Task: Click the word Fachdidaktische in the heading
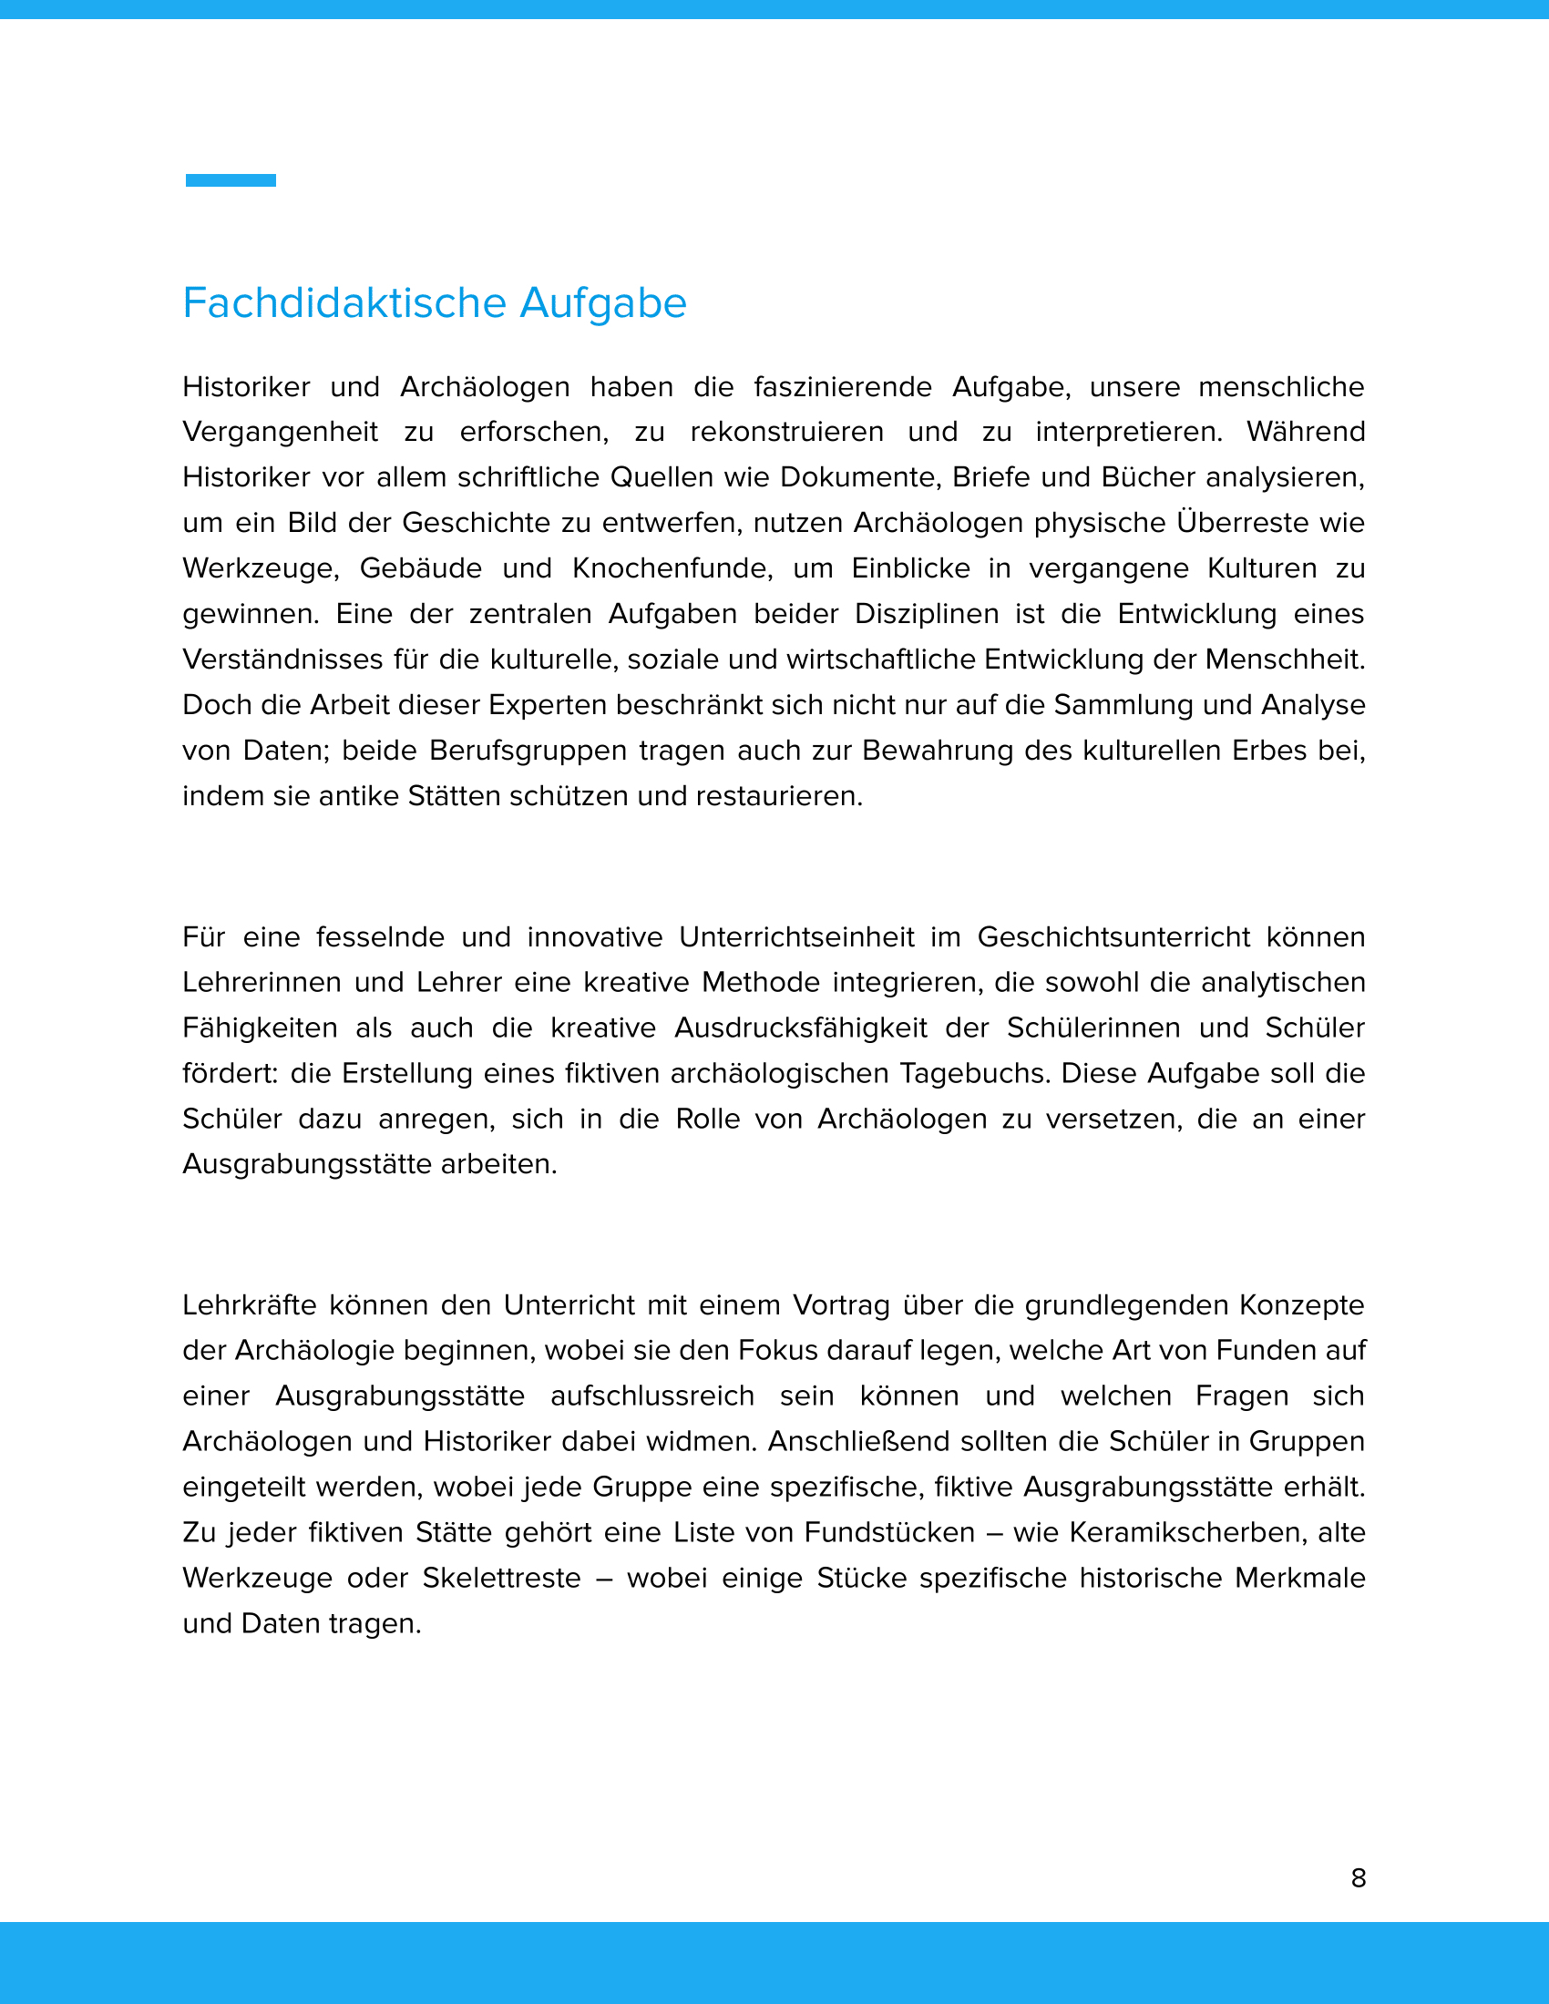click(x=344, y=302)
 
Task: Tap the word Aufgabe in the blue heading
click(x=603, y=302)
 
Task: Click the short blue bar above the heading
click(x=231, y=180)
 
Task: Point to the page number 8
click(x=1359, y=1878)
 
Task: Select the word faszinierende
click(x=843, y=387)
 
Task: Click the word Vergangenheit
click(x=280, y=432)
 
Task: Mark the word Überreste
click(x=1244, y=523)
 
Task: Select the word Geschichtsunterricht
click(x=1113, y=936)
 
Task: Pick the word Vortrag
click(x=842, y=1304)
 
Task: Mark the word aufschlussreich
click(x=652, y=1396)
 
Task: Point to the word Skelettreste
click(x=502, y=1579)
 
